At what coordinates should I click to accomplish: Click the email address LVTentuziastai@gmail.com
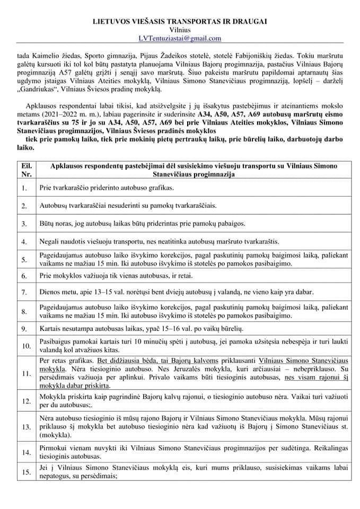pos(180,38)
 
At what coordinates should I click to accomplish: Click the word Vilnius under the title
pos(180,30)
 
